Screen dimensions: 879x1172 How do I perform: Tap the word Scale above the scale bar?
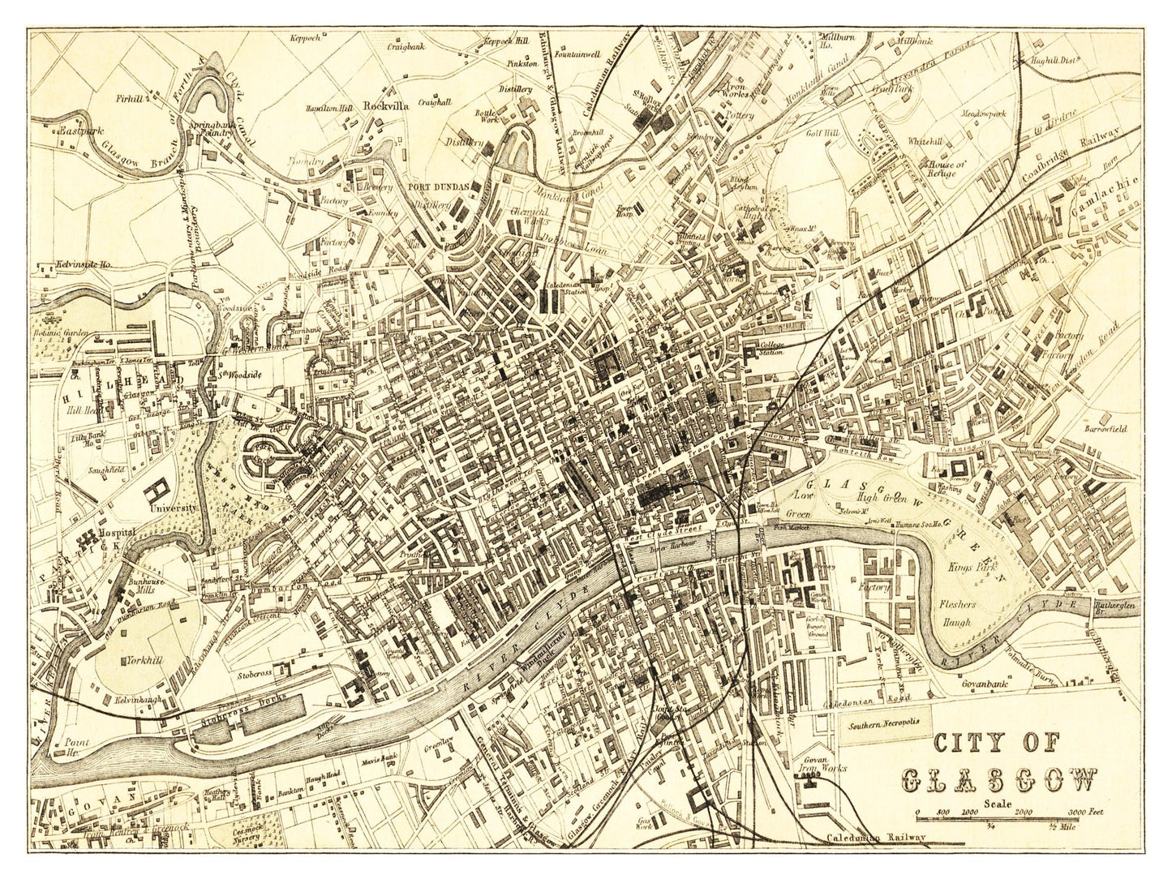pyautogui.click(x=999, y=804)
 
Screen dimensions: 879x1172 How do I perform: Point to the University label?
pyautogui.click(x=174, y=507)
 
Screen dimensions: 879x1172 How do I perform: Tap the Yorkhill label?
pyautogui.click(x=144, y=660)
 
